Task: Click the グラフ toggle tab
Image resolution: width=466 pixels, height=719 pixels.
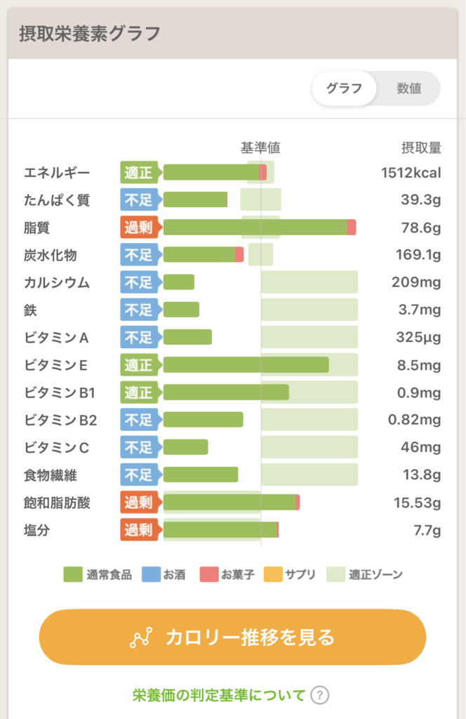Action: (344, 88)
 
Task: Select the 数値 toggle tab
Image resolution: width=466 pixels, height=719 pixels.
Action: (409, 88)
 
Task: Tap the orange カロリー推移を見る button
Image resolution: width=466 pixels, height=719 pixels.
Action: (232, 637)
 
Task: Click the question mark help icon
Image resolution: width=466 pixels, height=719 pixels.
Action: (319, 695)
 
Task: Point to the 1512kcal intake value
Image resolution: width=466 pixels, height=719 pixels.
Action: (411, 172)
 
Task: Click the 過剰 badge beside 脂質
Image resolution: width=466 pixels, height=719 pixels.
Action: (139, 227)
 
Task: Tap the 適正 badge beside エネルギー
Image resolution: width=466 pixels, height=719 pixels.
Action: (139, 172)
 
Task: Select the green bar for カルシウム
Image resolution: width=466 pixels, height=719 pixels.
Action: (179, 282)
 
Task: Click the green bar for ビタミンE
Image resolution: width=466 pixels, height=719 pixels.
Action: (246, 365)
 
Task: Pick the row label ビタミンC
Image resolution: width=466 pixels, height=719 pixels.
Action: (57, 447)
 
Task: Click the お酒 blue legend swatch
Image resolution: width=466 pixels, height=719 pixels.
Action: (151, 574)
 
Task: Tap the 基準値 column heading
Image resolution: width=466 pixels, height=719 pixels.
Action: (260, 147)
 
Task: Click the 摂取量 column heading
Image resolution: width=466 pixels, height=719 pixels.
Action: (421, 147)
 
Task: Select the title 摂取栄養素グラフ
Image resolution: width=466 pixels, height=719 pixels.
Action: (89, 33)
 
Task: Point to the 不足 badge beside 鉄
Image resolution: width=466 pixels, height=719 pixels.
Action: (139, 310)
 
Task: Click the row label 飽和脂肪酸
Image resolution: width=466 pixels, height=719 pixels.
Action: (57, 503)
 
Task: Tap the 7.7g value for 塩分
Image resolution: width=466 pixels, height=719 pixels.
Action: (427, 530)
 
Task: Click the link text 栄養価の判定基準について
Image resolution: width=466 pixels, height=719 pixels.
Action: (219, 695)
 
